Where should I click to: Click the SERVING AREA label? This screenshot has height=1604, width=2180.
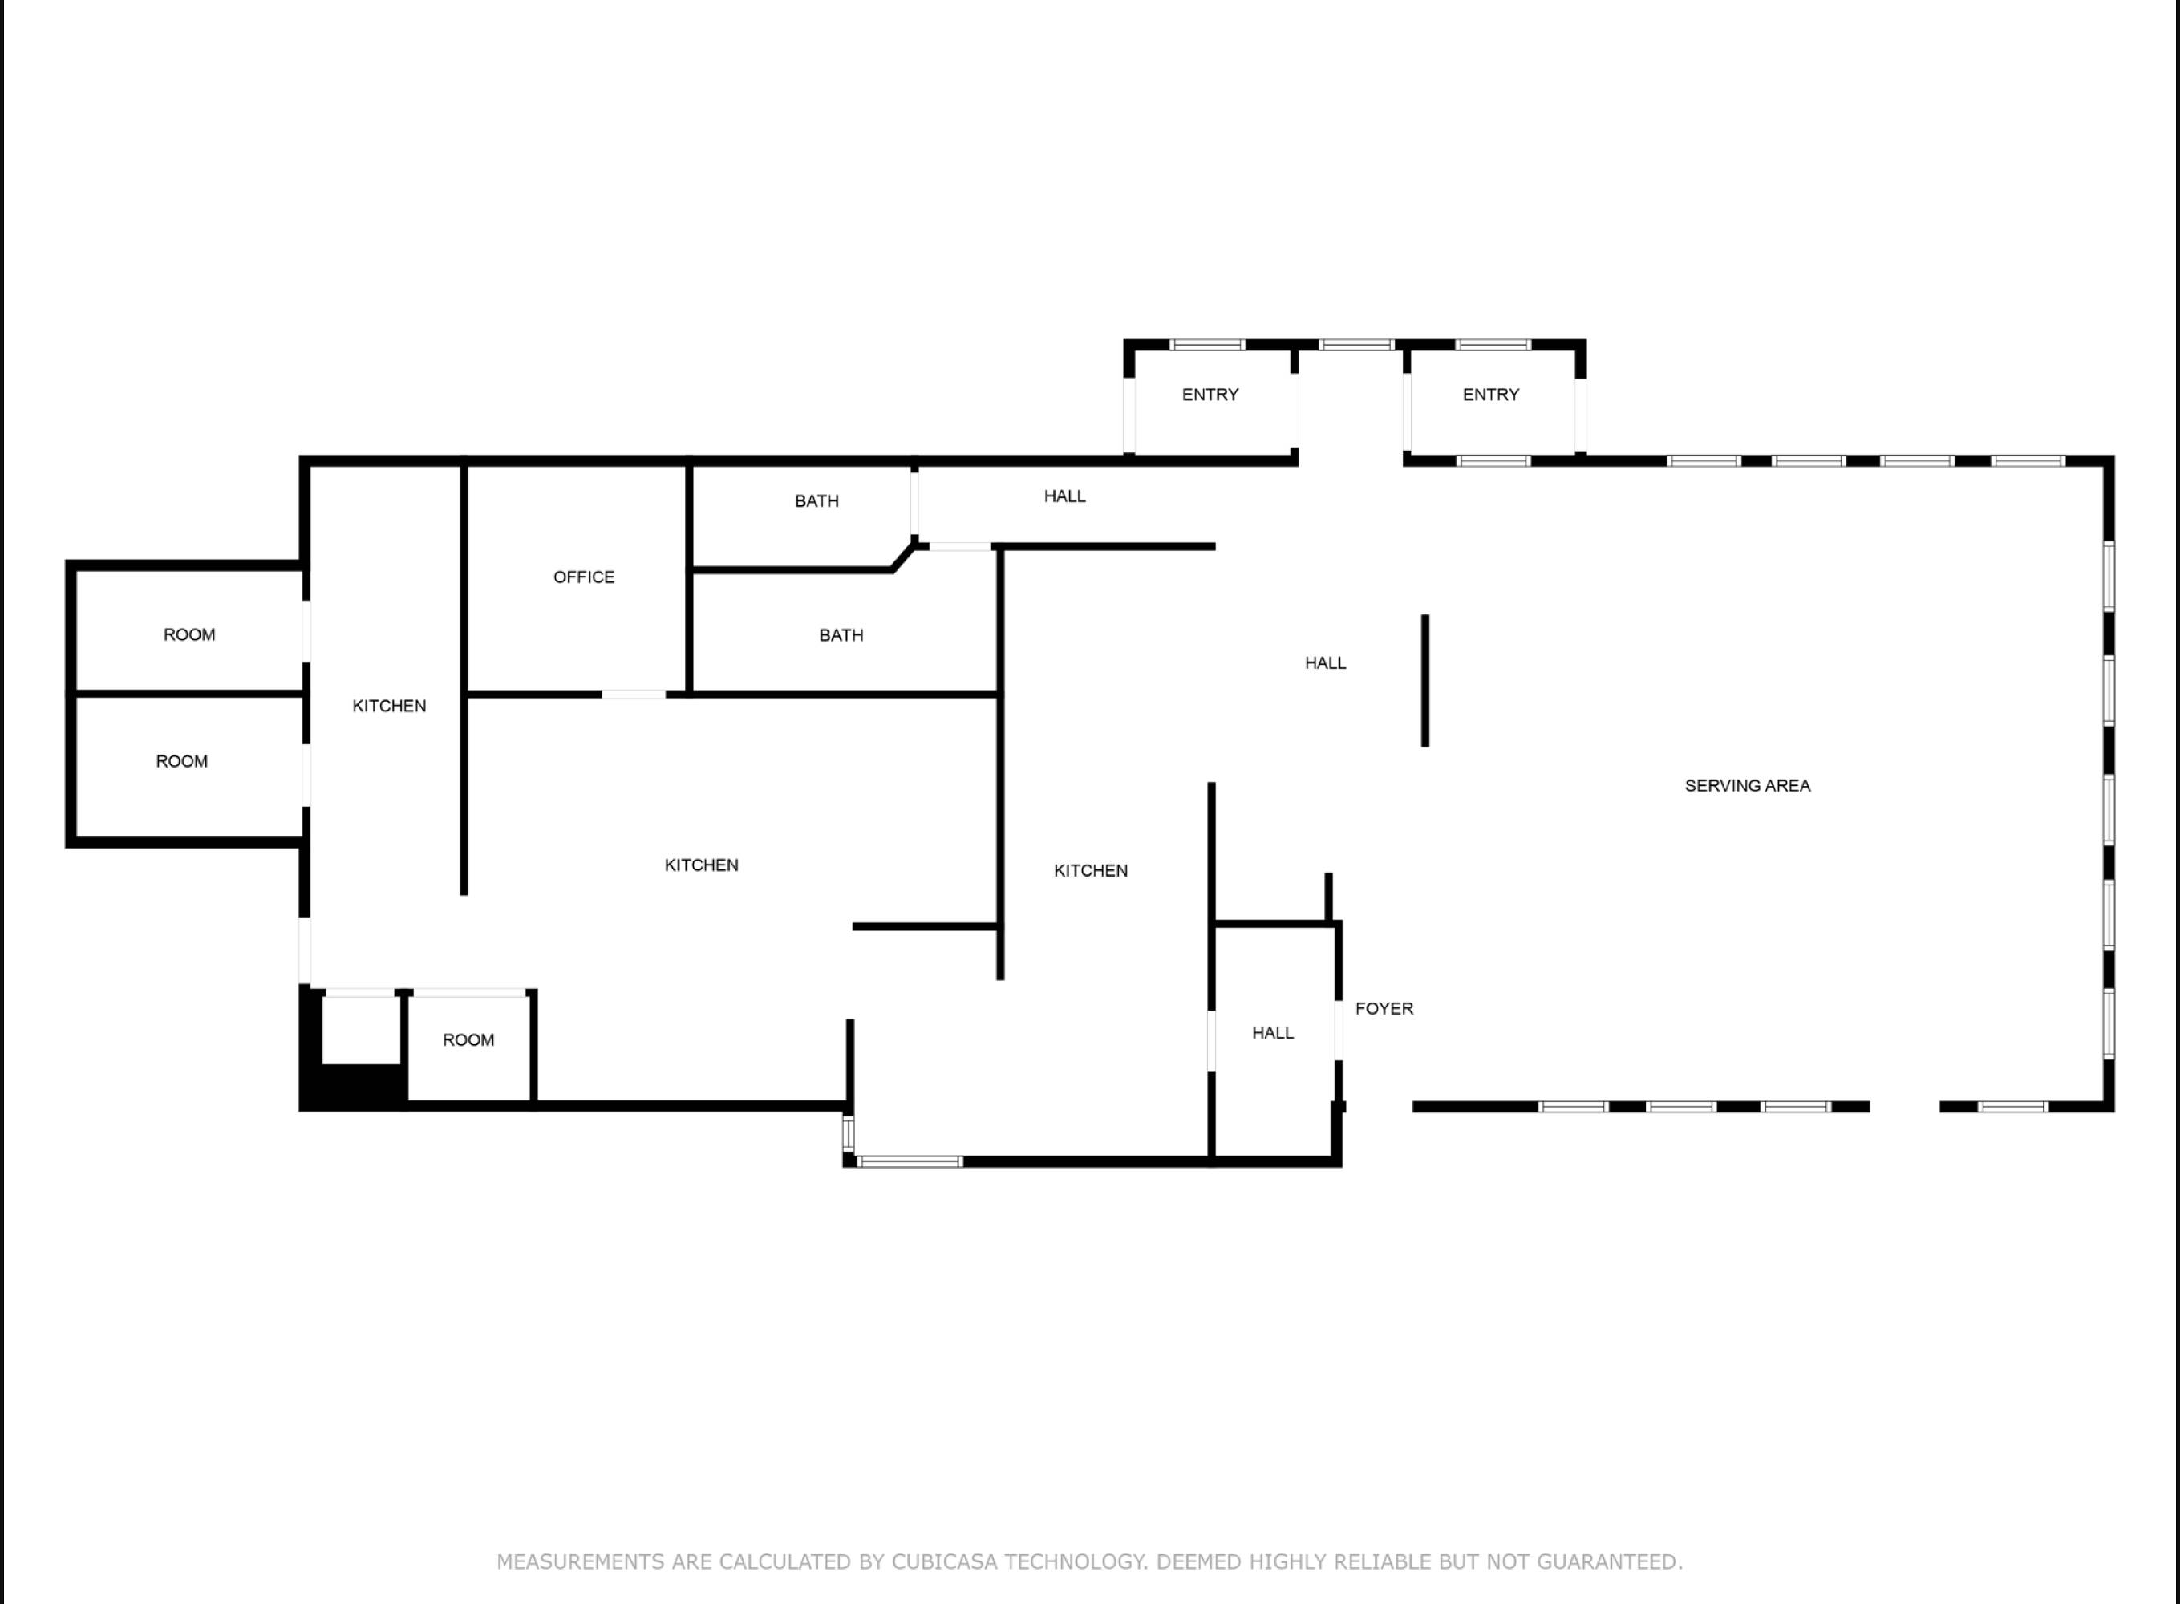click(1747, 785)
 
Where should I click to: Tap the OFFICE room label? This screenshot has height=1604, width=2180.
click(584, 577)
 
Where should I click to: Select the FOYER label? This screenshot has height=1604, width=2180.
click(1384, 1008)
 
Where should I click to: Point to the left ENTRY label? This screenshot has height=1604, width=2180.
click(1210, 395)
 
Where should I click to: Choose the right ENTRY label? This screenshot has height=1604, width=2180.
click(1490, 395)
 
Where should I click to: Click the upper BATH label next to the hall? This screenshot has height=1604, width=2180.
click(816, 501)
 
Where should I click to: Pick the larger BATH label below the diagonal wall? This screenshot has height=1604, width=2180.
click(841, 635)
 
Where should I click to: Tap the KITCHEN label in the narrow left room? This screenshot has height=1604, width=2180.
click(389, 706)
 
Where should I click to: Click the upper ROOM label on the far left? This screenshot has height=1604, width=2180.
click(189, 635)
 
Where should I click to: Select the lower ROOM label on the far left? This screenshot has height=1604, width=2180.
click(181, 761)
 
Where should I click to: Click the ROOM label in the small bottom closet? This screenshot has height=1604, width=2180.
click(468, 1040)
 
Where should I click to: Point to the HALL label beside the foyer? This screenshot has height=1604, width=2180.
click(1272, 1033)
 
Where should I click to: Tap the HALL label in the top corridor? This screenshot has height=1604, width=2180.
click(1064, 496)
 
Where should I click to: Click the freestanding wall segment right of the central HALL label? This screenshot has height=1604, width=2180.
click(1424, 681)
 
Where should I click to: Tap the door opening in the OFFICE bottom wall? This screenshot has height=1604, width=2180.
click(633, 695)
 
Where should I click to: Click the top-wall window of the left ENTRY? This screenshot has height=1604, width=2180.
click(1207, 345)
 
